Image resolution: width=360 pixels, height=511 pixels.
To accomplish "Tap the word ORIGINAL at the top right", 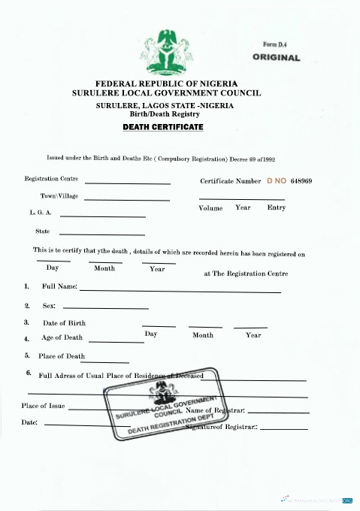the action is tap(277, 57).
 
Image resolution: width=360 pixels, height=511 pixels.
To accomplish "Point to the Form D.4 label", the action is tap(276, 45).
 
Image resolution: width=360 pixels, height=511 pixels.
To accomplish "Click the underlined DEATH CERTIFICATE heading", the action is tap(163, 128).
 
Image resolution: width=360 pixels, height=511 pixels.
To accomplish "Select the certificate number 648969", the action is tap(301, 181).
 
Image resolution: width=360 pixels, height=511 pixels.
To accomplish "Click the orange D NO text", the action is tap(277, 181).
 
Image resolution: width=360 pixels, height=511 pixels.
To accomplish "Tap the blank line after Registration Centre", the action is tap(128, 183).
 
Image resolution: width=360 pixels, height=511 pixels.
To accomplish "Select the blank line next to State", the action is tap(101, 234).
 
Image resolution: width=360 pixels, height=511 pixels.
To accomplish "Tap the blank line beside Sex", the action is tap(106, 308).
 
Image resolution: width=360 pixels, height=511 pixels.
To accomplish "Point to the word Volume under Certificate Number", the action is tap(210, 207).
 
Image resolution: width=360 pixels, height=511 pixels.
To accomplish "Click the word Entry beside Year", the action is tap(276, 207).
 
